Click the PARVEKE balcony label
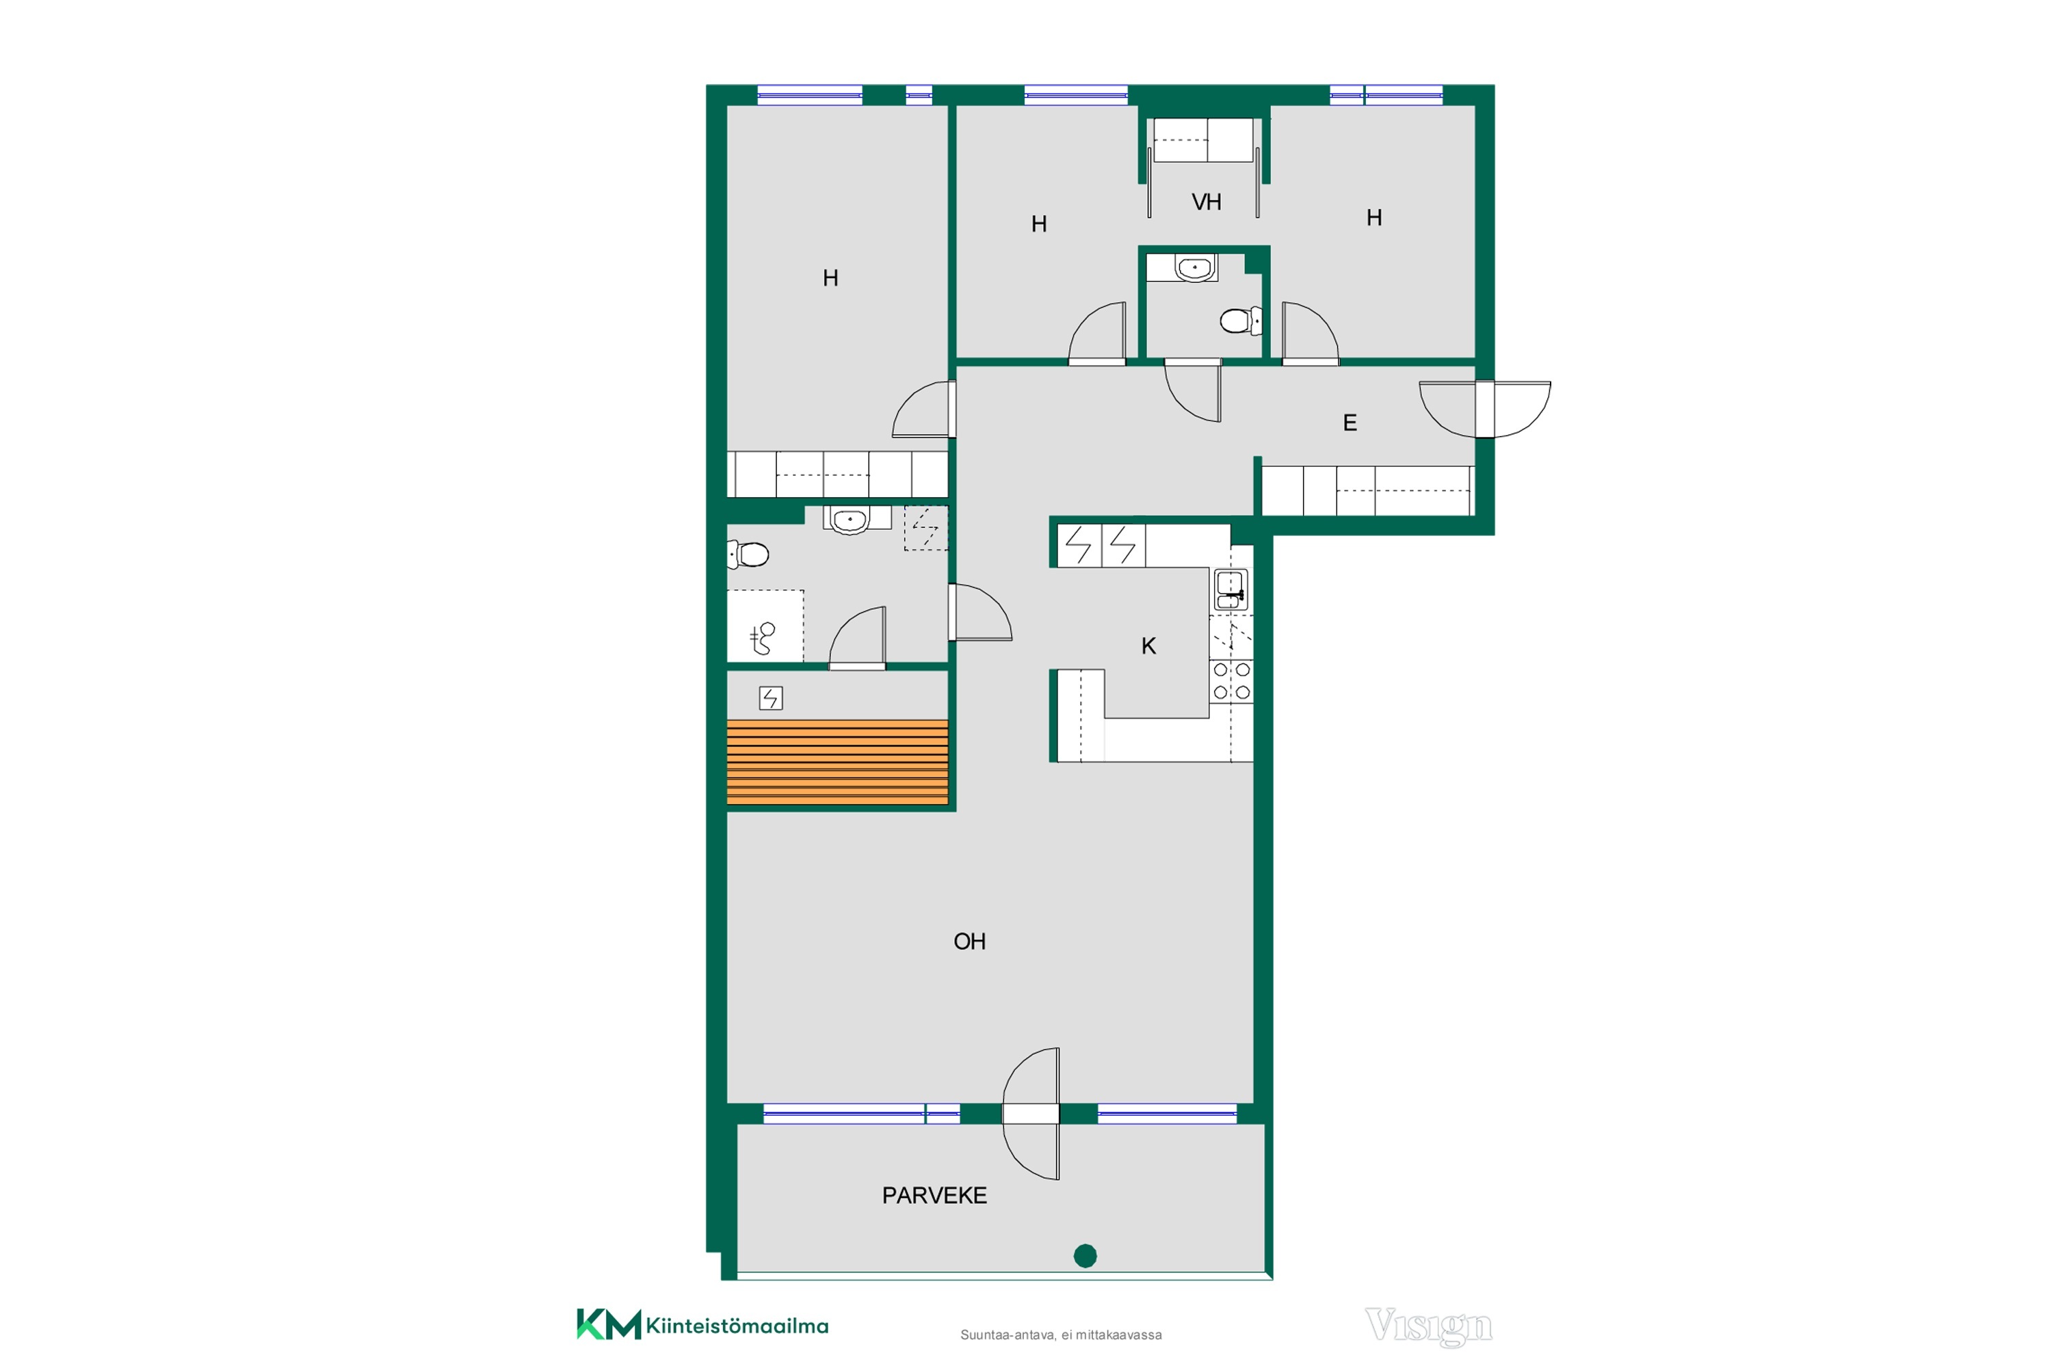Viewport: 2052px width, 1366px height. (x=934, y=1195)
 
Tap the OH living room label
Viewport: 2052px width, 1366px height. (x=969, y=941)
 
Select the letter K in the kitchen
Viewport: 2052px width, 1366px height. (x=1148, y=645)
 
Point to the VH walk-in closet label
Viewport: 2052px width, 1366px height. (x=1206, y=202)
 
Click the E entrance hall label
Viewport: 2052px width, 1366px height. (x=1350, y=423)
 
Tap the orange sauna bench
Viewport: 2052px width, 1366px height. (x=837, y=762)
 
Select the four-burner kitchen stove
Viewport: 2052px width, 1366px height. (x=1231, y=681)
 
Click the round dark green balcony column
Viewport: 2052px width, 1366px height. (x=1085, y=1255)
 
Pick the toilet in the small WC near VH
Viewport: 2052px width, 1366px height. (x=1241, y=321)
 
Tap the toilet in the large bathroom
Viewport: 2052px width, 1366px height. (x=748, y=554)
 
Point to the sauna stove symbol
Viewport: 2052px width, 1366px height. (x=770, y=698)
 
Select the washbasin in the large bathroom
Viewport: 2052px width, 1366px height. (x=850, y=520)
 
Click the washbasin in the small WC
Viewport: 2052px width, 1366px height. (x=1194, y=267)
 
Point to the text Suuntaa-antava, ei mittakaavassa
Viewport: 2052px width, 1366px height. (x=1060, y=1335)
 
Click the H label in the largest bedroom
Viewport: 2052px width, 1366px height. (x=830, y=278)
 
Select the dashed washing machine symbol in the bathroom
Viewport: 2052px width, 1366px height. (x=925, y=528)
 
